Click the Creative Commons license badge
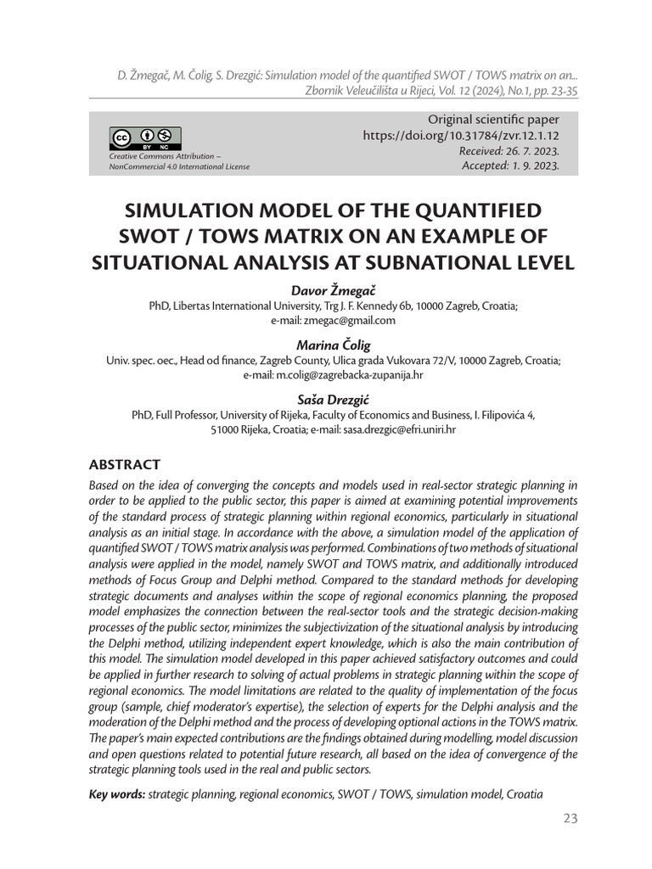pyautogui.click(x=144, y=138)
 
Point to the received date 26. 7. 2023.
pyautogui.click(x=528, y=150)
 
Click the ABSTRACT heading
pyautogui.click(x=125, y=465)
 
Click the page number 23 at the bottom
pyautogui.click(x=570, y=819)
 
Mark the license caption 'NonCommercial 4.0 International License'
pyautogui.click(x=178, y=166)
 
